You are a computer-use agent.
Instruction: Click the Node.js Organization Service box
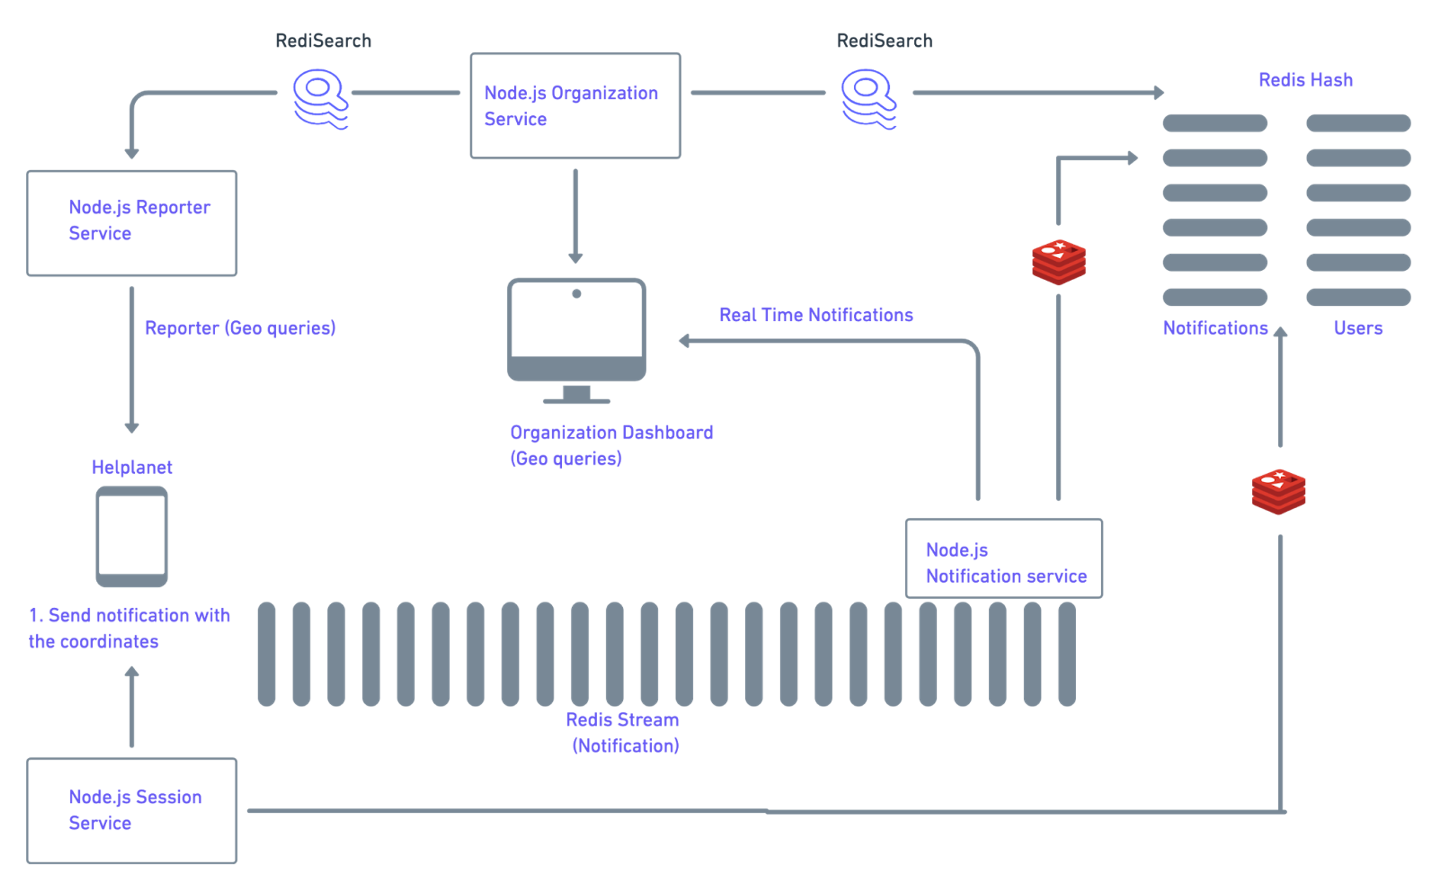pyautogui.click(x=575, y=106)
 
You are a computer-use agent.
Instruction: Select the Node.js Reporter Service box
pyautogui.click(x=132, y=223)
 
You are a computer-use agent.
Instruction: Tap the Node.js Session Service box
pyautogui.click(x=132, y=811)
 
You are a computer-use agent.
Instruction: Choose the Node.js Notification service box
pyautogui.click(x=1004, y=558)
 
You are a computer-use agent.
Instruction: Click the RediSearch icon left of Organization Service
pyautogui.click(x=321, y=99)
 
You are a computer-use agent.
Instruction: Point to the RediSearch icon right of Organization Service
pyautogui.click(x=869, y=99)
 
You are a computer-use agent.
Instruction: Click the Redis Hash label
pyautogui.click(x=1305, y=79)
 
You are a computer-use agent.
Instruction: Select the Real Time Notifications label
pyautogui.click(x=816, y=315)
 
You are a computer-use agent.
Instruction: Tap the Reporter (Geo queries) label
pyautogui.click(x=240, y=328)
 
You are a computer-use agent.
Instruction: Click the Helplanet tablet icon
pyautogui.click(x=132, y=536)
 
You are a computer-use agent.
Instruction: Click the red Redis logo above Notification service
pyautogui.click(x=1059, y=262)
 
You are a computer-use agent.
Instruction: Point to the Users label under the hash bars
pyautogui.click(x=1357, y=328)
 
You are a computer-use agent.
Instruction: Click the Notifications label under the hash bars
pyautogui.click(x=1215, y=328)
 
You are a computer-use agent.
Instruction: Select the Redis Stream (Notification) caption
pyautogui.click(x=623, y=732)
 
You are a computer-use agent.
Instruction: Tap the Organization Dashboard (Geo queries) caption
pyautogui.click(x=611, y=445)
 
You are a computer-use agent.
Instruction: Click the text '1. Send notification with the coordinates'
pyautogui.click(x=129, y=628)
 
